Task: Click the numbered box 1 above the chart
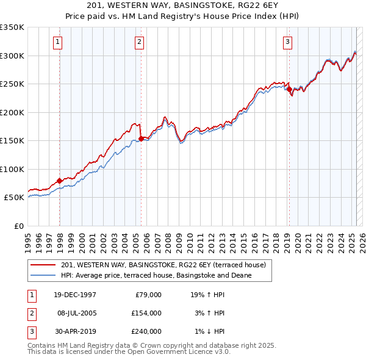coord(57,42)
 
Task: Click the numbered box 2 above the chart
coord(139,42)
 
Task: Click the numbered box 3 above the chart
coord(287,42)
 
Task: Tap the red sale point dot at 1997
coord(60,181)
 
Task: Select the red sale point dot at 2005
coord(141,139)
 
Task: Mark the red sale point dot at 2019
coord(289,90)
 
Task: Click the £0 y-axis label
coord(18,226)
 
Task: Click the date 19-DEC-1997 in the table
coord(74,295)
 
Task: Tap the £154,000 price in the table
coord(146,313)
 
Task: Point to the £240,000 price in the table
coord(146,331)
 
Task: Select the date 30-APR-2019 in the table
coord(74,331)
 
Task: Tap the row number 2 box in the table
coord(31,313)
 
